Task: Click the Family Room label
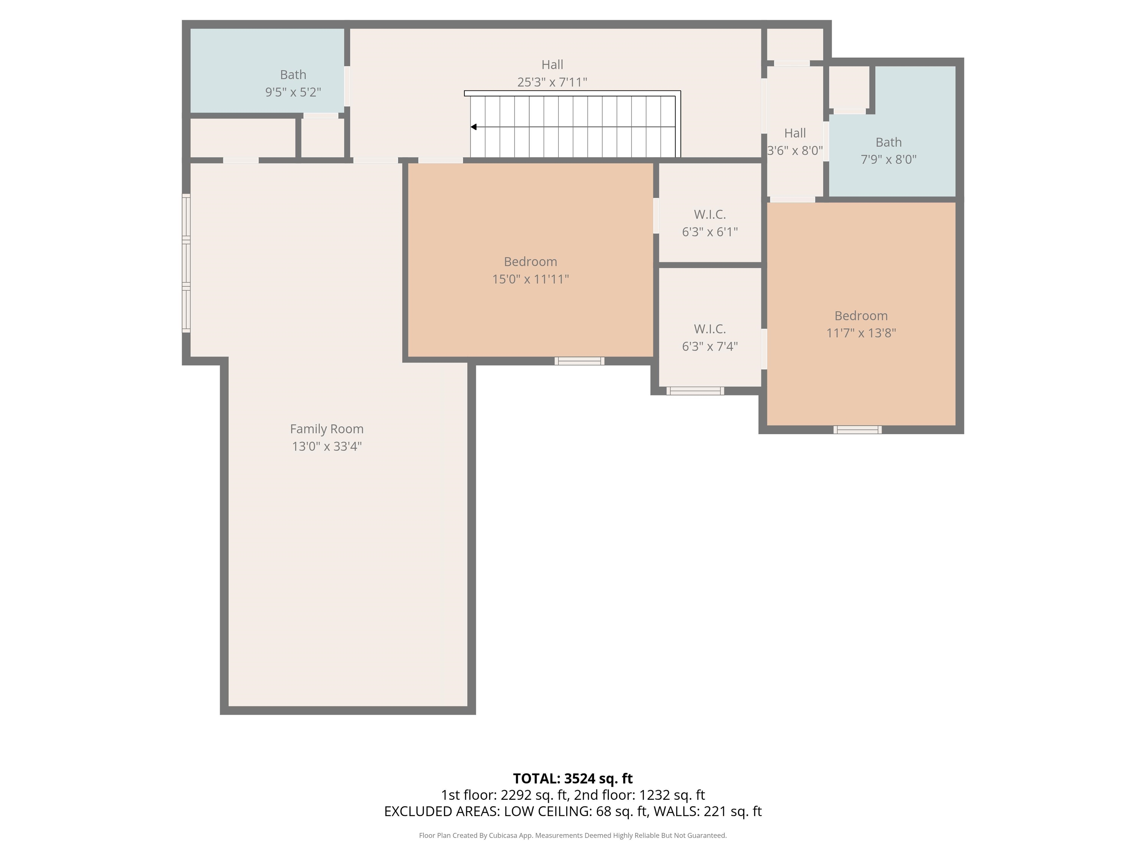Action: pos(326,429)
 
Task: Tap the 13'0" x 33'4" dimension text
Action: pos(326,446)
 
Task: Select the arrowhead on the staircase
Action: pos(473,127)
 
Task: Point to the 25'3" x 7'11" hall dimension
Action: pos(552,82)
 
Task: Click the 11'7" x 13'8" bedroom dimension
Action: pos(861,333)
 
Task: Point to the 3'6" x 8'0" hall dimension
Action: pos(795,150)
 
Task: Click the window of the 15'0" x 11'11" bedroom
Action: pos(580,361)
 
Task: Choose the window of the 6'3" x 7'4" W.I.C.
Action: pos(695,391)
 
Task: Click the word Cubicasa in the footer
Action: pos(504,835)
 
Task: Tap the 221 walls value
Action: pos(714,811)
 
